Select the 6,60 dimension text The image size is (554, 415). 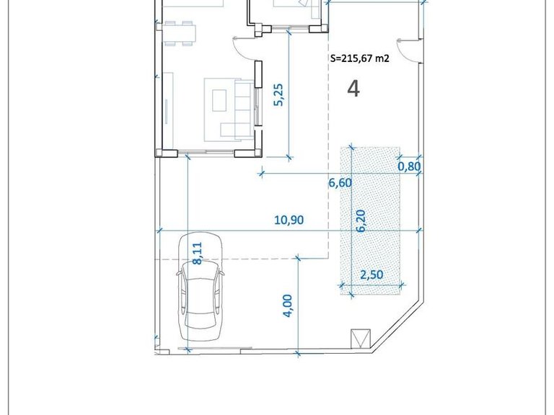click(x=340, y=183)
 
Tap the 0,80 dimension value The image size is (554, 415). click(x=409, y=166)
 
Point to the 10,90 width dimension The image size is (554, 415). click(x=289, y=220)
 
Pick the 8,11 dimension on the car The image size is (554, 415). click(x=198, y=254)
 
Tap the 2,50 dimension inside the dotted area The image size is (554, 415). click(x=372, y=274)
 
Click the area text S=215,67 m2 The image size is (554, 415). click(x=359, y=60)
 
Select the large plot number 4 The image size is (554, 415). click(x=353, y=89)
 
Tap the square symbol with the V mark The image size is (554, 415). click(x=360, y=338)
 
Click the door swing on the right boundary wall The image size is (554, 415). click(x=408, y=50)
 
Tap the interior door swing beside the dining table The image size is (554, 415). click(x=245, y=48)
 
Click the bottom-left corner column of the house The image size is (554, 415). click(x=164, y=152)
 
